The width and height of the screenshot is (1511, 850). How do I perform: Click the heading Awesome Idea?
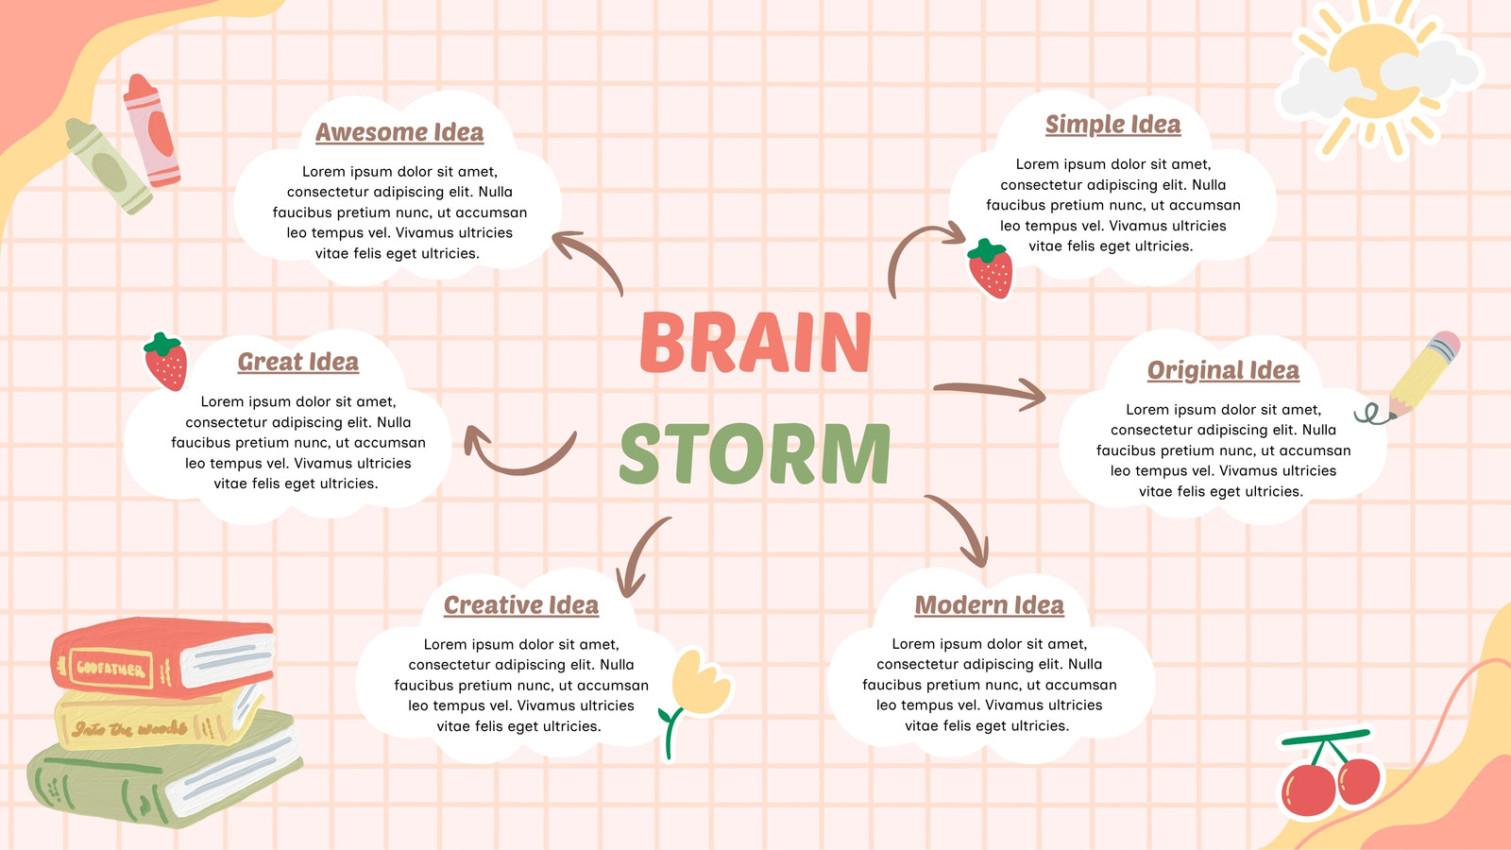point(399,132)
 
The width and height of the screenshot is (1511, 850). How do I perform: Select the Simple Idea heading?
point(1113,125)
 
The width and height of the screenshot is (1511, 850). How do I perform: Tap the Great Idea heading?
point(298,363)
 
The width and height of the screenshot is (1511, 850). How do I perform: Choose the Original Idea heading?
point(1223,370)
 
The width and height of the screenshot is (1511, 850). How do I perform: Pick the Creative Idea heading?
point(520,605)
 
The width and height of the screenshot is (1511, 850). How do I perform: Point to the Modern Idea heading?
point(989,605)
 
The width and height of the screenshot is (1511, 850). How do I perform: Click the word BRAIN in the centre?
point(755,342)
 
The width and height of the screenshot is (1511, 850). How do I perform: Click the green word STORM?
point(755,453)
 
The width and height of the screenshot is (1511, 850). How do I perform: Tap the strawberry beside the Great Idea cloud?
point(165,363)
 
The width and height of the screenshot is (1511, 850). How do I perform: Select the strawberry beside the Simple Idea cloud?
point(991,269)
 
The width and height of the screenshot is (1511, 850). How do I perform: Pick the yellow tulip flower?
point(695,702)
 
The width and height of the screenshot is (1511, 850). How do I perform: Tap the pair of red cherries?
point(1329,773)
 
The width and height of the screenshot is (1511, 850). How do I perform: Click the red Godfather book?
point(162,657)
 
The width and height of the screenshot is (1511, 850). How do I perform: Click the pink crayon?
point(152,130)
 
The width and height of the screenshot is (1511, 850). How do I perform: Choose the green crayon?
point(109,166)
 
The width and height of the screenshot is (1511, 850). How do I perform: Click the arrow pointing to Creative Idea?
point(641,554)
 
